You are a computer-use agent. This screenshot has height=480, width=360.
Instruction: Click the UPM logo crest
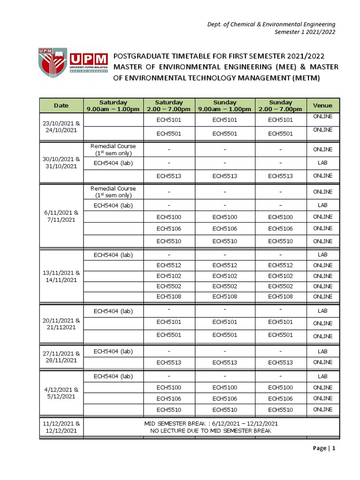pos(53,66)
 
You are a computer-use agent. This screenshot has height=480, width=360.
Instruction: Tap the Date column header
pos(61,105)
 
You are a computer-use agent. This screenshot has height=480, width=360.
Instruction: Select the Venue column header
pos(322,105)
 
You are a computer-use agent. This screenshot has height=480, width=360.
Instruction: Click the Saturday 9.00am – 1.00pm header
pos(113,105)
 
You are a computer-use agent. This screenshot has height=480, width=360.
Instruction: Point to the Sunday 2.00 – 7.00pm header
pos(280,105)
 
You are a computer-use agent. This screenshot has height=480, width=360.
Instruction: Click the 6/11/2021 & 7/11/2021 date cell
pos(61,216)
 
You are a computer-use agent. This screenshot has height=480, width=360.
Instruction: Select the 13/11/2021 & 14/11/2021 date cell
pos(61,276)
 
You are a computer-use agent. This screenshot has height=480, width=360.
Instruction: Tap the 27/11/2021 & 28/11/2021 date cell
pos(61,357)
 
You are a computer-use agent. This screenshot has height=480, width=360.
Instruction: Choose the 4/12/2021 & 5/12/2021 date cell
pos(61,393)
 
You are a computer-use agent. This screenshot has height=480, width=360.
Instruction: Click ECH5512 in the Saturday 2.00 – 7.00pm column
pos(169,265)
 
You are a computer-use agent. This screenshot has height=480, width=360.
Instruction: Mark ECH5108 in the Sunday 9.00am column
pos(225,297)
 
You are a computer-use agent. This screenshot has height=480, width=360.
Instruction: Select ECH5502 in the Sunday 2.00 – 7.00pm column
pos(280,286)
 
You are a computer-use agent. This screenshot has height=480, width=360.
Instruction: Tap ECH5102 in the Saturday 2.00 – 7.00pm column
pos(169,276)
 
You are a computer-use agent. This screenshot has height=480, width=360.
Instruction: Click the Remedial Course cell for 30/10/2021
pos(113,150)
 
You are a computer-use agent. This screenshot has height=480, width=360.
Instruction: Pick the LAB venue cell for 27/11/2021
pos(322,352)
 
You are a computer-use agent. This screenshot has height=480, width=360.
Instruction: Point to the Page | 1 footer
pos(324,449)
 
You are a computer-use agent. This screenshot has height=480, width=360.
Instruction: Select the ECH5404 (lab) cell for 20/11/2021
pos(113,311)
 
